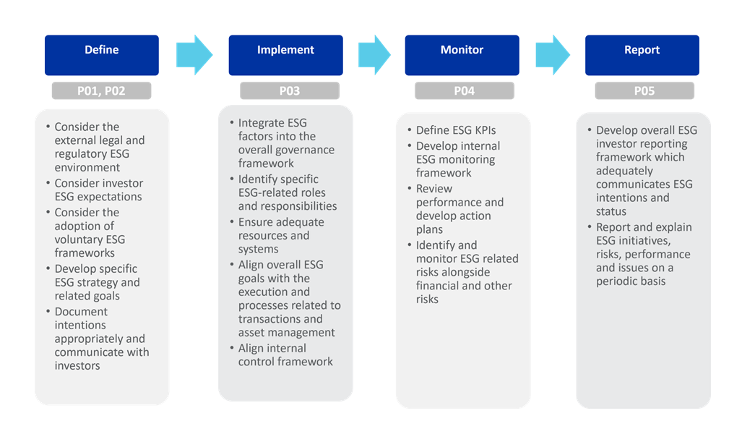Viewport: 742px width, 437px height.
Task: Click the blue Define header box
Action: point(101,55)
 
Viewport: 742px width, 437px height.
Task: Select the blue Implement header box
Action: point(285,55)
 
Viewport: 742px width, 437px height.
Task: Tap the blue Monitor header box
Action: point(462,55)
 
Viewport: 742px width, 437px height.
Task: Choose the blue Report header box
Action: point(642,55)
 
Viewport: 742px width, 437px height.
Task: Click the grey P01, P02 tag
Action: point(101,91)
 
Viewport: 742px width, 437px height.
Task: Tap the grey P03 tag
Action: point(289,91)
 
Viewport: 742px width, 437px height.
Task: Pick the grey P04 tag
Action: point(464,91)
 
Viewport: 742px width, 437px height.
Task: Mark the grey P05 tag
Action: point(644,91)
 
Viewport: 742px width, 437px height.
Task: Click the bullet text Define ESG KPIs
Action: point(456,130)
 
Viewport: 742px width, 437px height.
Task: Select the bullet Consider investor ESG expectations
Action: point(98,190)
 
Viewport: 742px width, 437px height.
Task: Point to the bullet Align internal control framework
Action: point(285,355)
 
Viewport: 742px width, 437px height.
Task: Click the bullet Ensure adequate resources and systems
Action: point(281,235)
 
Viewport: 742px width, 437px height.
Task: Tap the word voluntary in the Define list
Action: point(79,239)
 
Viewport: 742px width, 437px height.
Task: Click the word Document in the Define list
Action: point(82,312)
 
